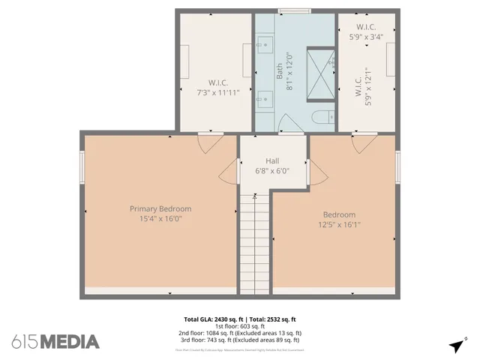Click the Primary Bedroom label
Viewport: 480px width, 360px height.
coord(160,208)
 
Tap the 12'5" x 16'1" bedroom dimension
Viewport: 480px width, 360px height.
coord(339,223)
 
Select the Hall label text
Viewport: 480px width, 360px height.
coord(272,161)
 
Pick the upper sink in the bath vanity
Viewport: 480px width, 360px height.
coord(265,46)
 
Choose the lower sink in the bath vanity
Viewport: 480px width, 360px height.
coord(265,97)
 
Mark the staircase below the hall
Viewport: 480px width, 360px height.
coord(256,240)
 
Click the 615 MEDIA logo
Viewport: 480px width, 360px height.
coord(55,341)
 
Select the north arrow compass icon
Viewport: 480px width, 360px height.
coord(457,345)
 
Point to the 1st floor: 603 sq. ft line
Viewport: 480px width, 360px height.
coord(239,326)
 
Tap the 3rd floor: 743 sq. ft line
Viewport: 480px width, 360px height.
coord(239,340)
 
